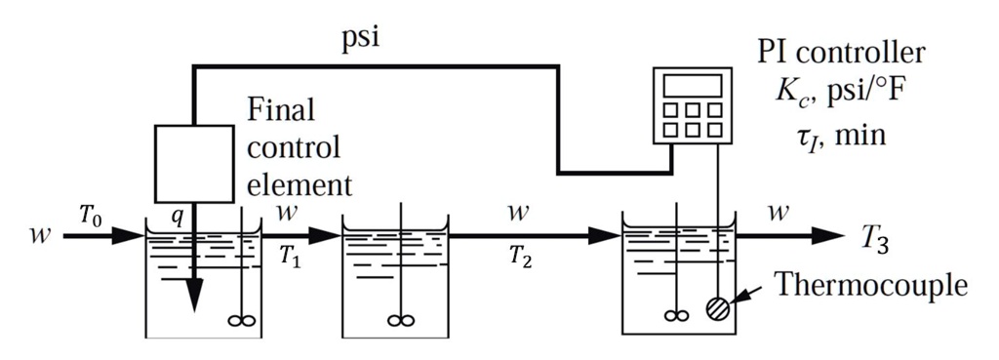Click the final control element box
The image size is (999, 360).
tap(194, 164)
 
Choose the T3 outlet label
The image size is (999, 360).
tap(875, 237)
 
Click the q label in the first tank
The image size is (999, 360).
tap(177, 219)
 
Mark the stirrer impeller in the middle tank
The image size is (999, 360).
tap(395, 317)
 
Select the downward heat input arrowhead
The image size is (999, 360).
tap(195, 299)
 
